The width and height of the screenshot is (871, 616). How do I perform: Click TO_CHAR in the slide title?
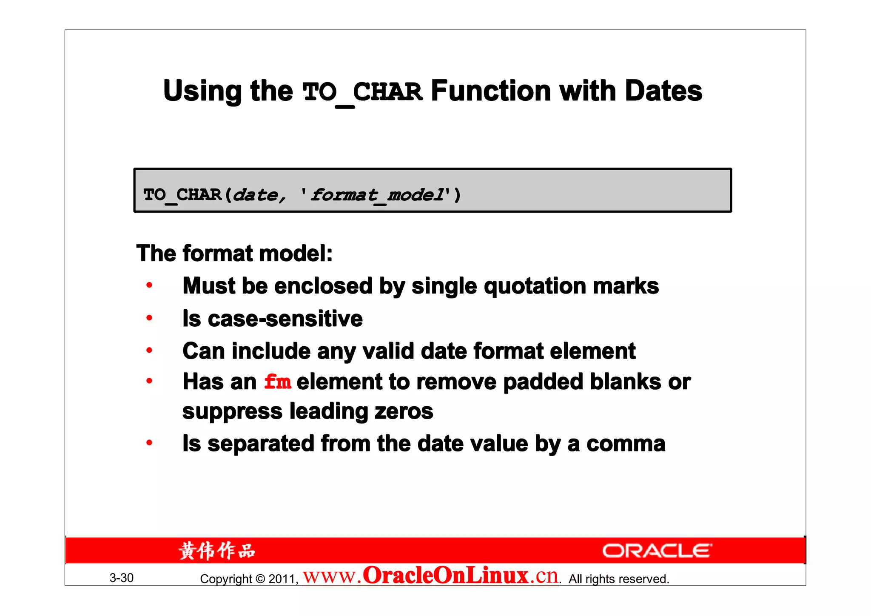(362, 92)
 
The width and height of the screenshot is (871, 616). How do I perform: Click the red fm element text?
(277, 382)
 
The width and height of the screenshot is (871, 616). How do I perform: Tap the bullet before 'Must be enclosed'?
(149, 285)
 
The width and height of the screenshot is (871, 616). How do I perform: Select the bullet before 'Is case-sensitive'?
(149, 318)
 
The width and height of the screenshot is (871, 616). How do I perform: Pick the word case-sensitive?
(285, 319)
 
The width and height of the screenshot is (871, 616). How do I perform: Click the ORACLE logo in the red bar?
(657, 551)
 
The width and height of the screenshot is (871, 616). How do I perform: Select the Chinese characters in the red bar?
(217, 551)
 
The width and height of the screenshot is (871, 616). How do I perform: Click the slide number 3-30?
(122, 578)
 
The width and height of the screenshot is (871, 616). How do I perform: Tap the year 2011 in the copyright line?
(282, 579)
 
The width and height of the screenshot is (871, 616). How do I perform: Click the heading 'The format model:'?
(234, 254)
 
